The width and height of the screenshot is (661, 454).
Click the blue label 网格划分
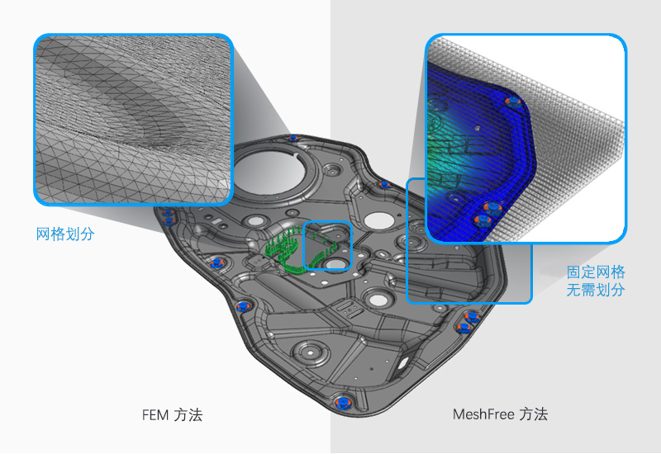65,234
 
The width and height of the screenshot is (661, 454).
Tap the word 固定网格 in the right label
595,272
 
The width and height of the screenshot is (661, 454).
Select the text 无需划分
595,290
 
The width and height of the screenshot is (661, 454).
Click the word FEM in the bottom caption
155,415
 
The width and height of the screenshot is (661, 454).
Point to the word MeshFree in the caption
483,414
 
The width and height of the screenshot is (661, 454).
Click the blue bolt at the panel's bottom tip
343,403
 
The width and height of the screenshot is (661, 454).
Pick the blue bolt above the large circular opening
292,138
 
